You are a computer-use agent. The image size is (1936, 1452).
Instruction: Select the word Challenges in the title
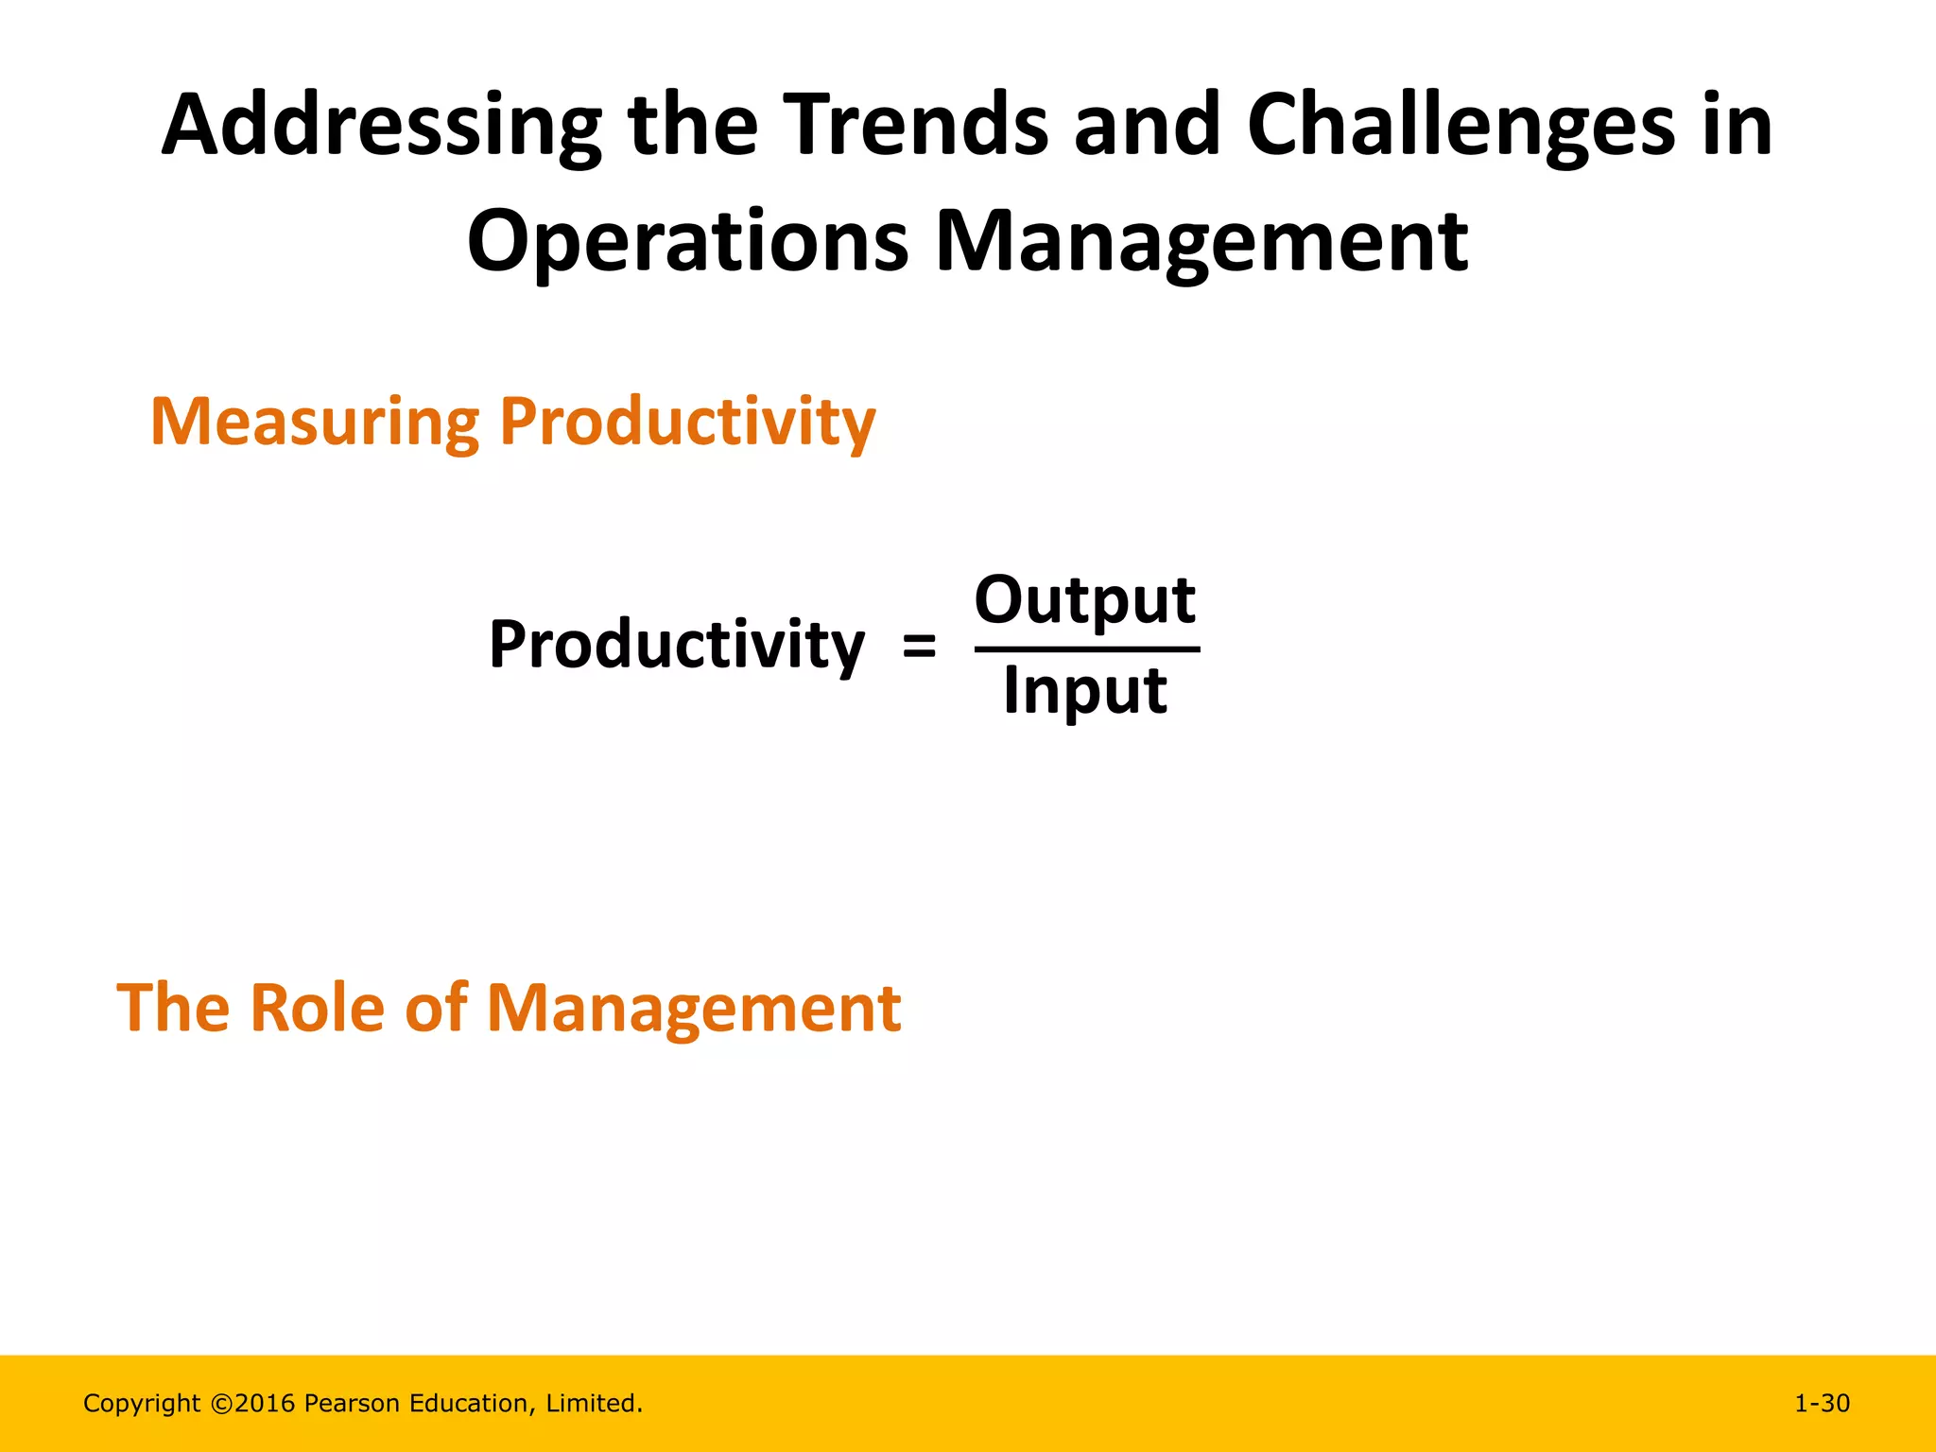pos(1461,128)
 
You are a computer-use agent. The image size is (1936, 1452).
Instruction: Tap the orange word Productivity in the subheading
pos(687,423)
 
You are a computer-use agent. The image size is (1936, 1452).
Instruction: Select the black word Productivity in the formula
pos(676,647)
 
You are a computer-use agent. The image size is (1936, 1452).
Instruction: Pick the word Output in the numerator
pos(1085,601)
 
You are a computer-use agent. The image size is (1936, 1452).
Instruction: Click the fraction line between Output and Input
pos(1087,649)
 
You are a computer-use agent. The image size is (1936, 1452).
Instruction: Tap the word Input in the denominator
pos(1084,692)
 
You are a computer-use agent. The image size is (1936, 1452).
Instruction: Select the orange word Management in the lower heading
pos(694,1008)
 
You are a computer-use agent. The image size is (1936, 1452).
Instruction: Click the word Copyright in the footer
pos(142,1404)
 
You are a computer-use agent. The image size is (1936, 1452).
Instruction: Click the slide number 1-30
pos(1822,1404)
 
